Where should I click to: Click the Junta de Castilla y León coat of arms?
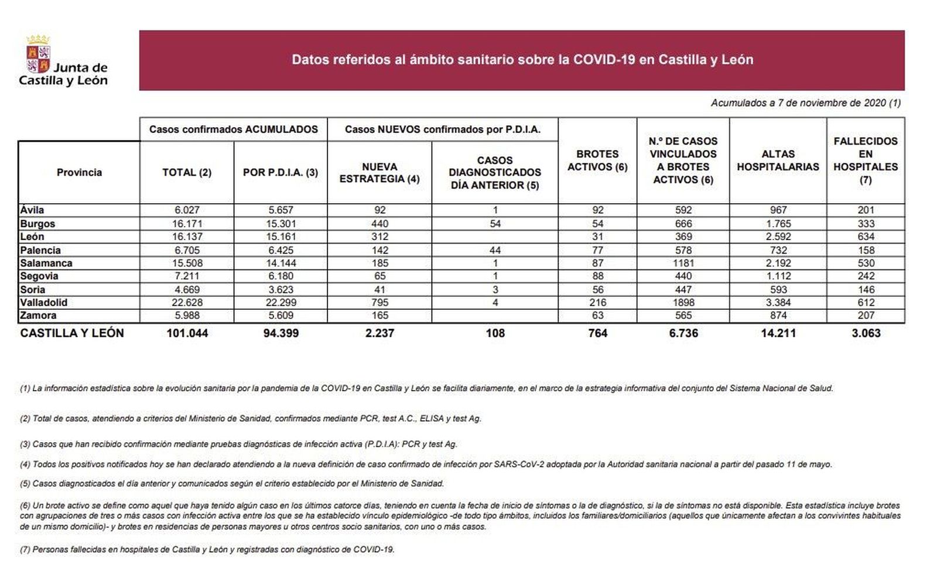point(38,54)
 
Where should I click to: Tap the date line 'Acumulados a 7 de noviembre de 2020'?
point(805,103)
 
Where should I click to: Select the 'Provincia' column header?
point(79,172)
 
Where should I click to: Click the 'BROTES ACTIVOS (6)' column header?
point(597,160)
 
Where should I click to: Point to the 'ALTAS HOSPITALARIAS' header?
point(778,160)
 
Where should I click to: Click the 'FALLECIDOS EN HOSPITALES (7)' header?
point(866,160)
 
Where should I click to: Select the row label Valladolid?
point(44,303)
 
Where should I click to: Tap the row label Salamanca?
point(46,263)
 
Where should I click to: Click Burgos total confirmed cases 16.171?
point(187,224)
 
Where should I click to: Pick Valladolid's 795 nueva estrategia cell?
point(379,303)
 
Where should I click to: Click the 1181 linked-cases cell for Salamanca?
point(683,263)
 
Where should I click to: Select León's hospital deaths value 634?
point(866,237)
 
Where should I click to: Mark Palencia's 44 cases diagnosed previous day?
point(495,250)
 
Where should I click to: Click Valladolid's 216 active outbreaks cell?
point(597,303)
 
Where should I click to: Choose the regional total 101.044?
point(187,333)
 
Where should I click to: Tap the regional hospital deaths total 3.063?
point(866,333)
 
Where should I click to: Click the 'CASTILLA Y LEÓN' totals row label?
point(72,333)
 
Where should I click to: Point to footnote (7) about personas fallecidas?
point(207,550)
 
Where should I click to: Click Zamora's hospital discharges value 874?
point(778,316)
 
